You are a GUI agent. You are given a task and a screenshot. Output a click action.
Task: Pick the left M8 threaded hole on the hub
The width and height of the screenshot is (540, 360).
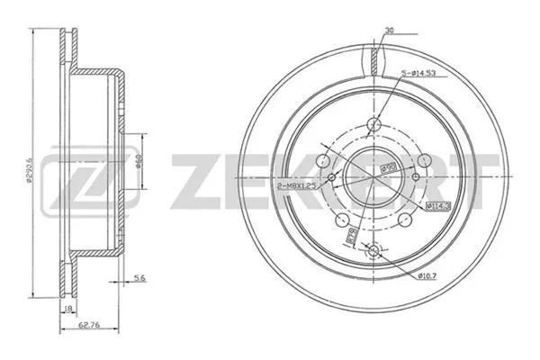coord(333,176)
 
